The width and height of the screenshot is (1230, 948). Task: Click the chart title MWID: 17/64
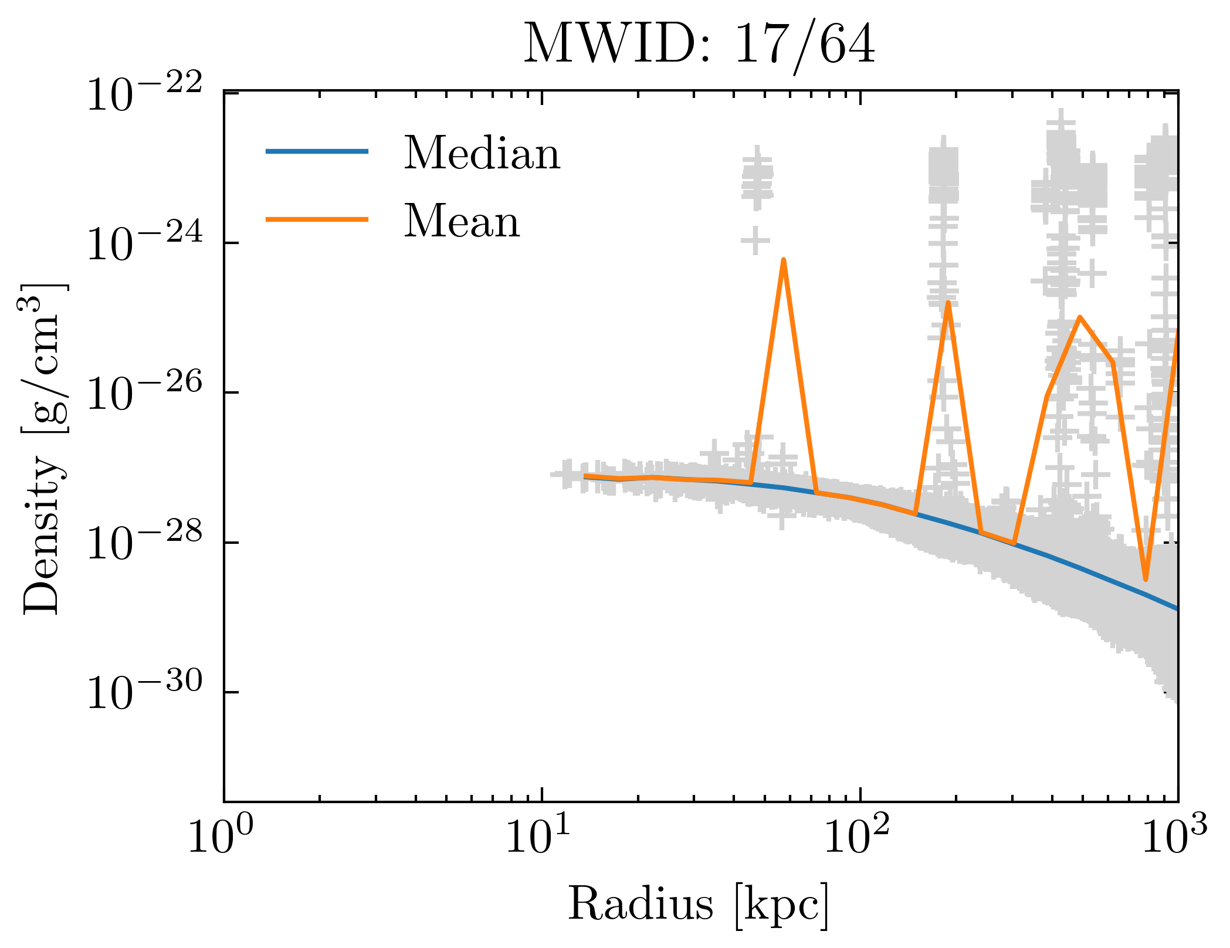[x=699, y=45]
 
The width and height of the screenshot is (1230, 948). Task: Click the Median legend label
[x=482, y=154]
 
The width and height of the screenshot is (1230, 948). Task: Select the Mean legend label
[x=462, y=222]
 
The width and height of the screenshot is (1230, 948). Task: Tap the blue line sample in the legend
[x=317, y=151]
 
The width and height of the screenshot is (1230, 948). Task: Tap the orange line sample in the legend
[x=317, y=219]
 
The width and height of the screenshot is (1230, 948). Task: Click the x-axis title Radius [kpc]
[x=699, y=904]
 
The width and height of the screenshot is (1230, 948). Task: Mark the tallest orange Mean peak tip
[x=783, y=260]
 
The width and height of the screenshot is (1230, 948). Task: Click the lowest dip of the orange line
[x=1145, y=579]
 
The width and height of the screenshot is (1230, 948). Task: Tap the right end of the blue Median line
[x=1176, y=609]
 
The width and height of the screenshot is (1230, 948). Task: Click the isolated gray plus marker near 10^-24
[x=755, y=240]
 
